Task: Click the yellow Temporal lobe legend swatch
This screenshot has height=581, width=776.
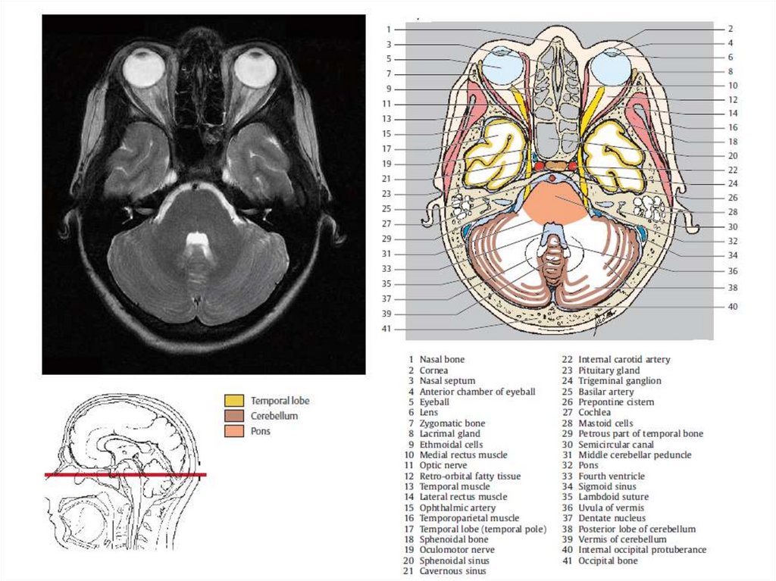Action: [233, 400]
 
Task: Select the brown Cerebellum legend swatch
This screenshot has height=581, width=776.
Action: [233, 416]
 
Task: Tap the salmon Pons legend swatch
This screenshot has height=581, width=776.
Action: [233, 431]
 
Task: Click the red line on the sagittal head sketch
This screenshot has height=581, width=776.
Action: [125, 475]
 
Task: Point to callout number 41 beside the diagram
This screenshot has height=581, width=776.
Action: [386, 329]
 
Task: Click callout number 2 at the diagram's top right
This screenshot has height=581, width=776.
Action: [730, 28]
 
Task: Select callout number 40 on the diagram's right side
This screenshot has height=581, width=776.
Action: [732, 307]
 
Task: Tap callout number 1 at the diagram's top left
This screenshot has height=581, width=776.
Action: [387, 30]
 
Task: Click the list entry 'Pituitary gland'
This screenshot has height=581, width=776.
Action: [609, 370]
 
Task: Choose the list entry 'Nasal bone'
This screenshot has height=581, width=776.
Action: [442, 359]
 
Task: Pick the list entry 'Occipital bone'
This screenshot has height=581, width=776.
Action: [608, 561]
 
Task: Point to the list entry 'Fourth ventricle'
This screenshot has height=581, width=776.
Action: [612, 476]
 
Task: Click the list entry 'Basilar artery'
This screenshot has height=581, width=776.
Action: [605, 392]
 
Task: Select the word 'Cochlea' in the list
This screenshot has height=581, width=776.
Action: [595, 412]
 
